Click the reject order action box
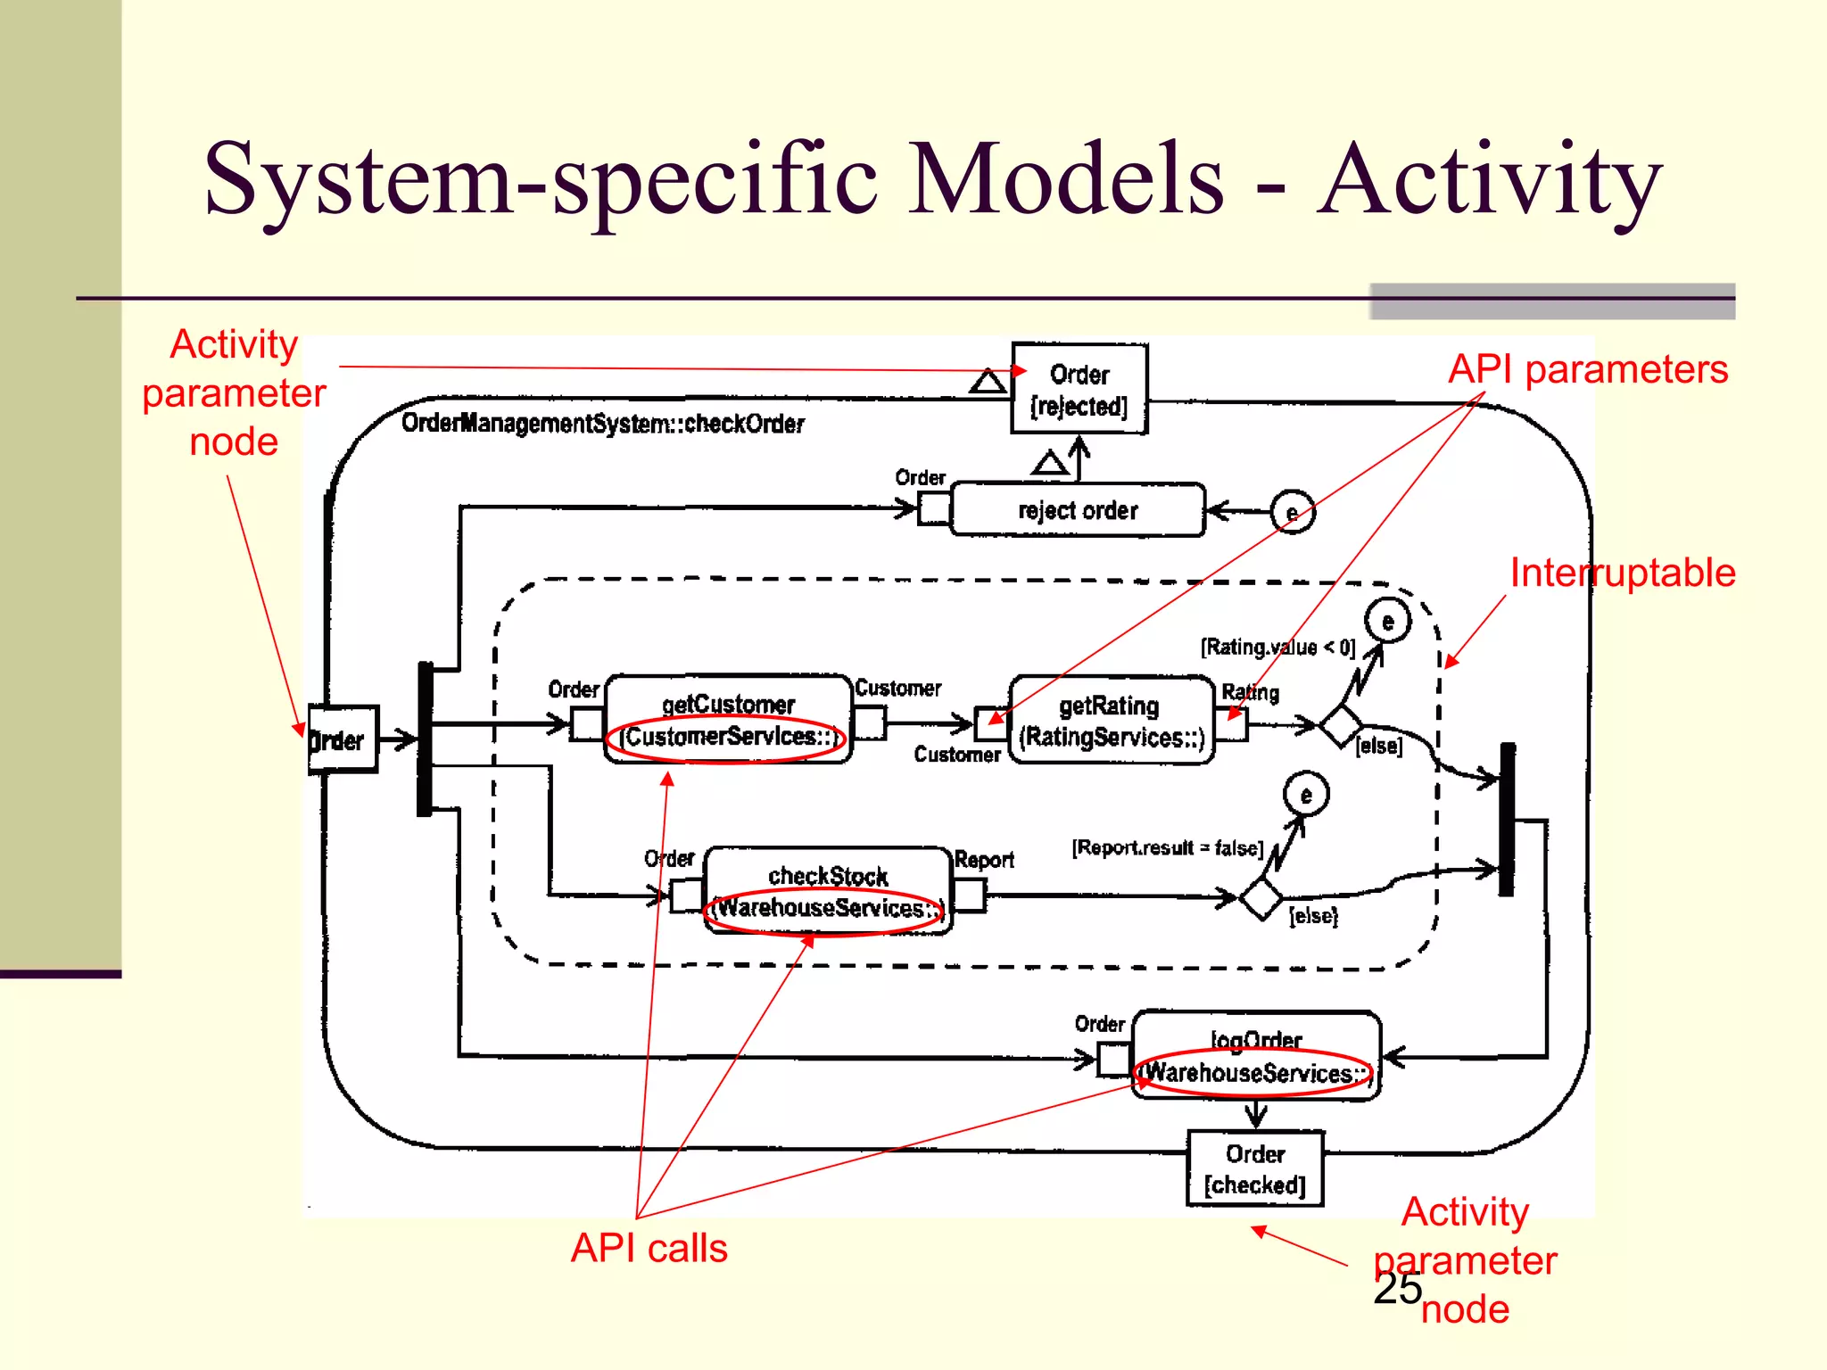coord(1078,510)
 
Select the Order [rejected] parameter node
coord(1079,389)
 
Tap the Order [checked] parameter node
coord(1254,1168)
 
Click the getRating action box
coord(1112,721)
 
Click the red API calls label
coord(649,1248)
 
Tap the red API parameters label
coord(1588,369)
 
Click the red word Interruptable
coord(1622,573)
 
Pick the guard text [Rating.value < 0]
coord(1277,647)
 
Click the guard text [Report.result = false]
coord(1167,847)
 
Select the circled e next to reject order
coord(1293,512)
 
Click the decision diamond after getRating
coord(1341,725)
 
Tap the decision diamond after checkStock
coord(1261,897)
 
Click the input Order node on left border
coord(343,739)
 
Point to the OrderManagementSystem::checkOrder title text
coord(602,423)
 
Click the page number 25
coord(1397,1288)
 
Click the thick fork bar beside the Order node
coord(426,739)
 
